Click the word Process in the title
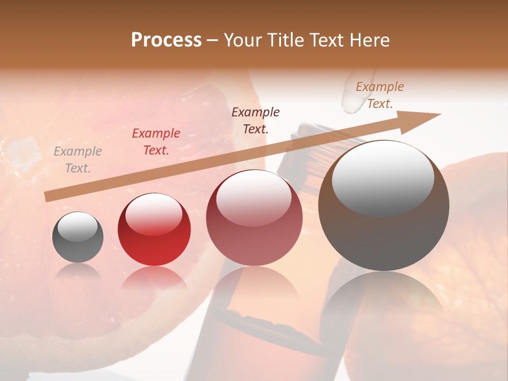pyautogui.click(x=166, y=40)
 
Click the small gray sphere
pyautogui.click(x=78, y=238)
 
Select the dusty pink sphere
pyautogui.click(x=255, y=218)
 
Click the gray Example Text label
pyautogui.click(x=78, y=160)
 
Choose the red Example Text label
pyautogui.click(x=156, y=142)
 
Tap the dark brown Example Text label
pyautogui.click(x=256, y=120)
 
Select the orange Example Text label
pyautogui.click(x=380, y=95)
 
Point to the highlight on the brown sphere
pyautogui.click(x=383, y=178)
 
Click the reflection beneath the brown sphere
pyautogui.click(x=384, y=302)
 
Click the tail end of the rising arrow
pyautogui.click(x=48, y=196)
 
